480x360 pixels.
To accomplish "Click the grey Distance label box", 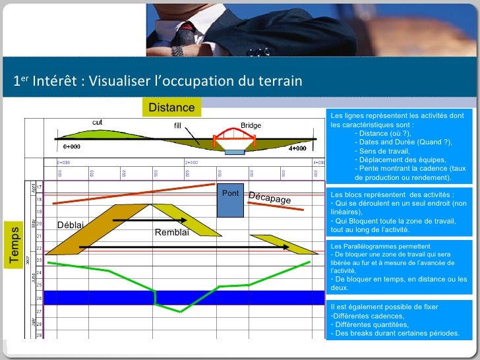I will pyautogui.click(x=171, y=107).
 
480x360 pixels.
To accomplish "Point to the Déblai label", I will pyautogui.click(x=71, y=225).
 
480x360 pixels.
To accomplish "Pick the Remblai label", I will pyautogui.click(x=171, y=232).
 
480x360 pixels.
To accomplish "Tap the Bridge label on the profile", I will pyautogui.click(x=250, y=125).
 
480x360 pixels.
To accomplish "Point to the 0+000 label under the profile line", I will pyautogui.click(x=72, y=146).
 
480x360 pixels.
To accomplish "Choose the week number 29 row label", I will pyautogui.click(x=38, y=335).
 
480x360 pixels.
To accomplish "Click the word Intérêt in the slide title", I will pyautogui.click(x=56, y=81).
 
